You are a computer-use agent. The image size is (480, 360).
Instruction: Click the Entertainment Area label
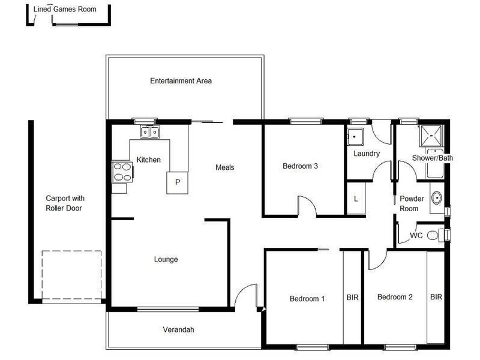(181, 80)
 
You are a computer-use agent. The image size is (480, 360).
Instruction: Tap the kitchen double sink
(149, 132)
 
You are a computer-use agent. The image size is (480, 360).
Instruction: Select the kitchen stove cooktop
(121, 172)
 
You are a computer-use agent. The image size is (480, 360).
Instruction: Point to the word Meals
(224, 167)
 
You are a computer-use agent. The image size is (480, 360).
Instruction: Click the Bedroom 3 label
(300, 166)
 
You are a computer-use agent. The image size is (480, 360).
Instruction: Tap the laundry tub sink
(356, 136)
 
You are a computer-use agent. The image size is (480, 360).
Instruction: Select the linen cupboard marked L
(356, 199)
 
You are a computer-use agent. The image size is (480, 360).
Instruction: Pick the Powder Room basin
(436, 197)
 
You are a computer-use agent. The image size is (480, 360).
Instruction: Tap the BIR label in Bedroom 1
(352, 297)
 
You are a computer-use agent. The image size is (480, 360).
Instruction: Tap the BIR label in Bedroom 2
(436, 297)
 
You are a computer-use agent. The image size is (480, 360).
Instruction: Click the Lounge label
(166, 259)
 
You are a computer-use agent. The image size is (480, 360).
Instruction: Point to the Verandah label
(178, 329)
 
